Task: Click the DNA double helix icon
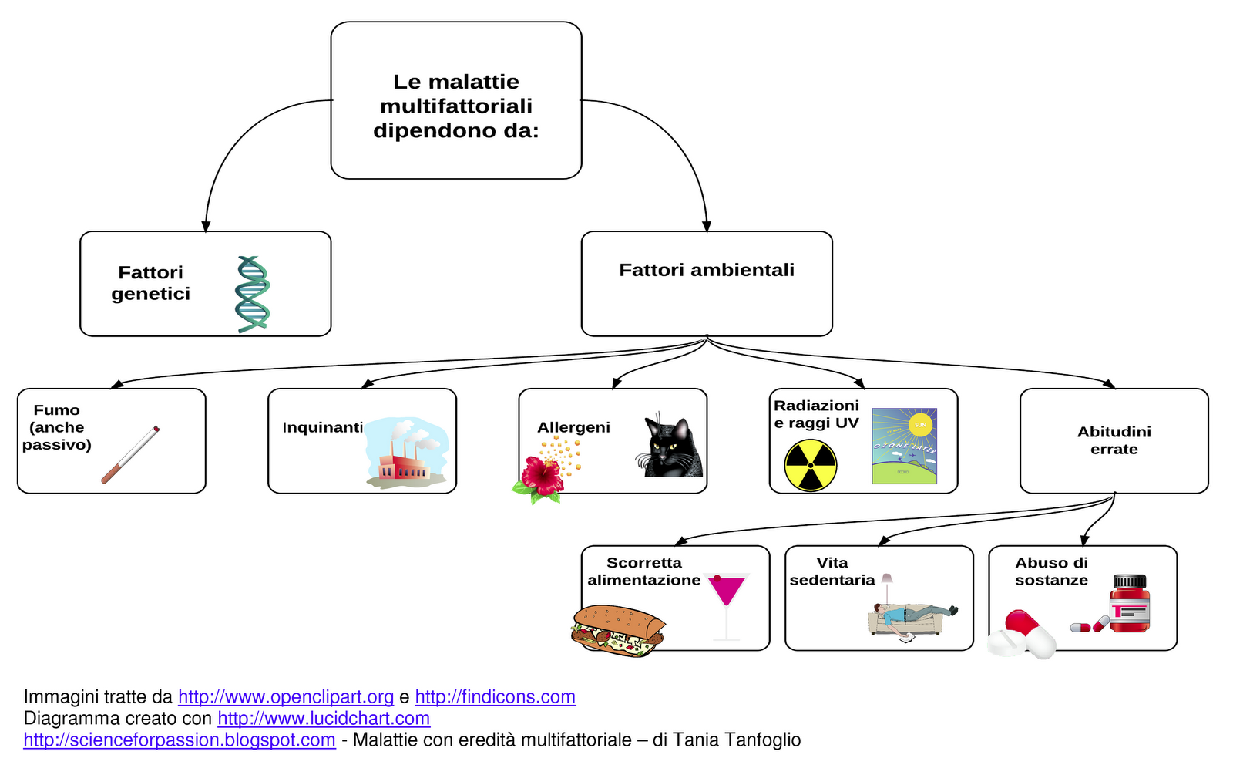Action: [253, 295]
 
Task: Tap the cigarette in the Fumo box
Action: [130, 456]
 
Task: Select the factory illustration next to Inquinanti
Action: [405, 455]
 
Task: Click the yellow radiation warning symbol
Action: [810, 466]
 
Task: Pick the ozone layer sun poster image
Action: [904, 446]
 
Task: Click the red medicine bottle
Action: [1130, 605]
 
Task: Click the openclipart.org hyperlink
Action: [286, 697]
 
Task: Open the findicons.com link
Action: [495, 697]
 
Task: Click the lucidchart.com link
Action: [324, 719]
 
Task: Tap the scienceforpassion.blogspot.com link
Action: [180, 740]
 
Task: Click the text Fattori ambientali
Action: [706, 270]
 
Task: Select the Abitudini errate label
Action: [1114, 440]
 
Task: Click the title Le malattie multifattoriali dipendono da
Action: [455, 106]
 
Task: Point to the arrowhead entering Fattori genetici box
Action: [206, 226]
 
